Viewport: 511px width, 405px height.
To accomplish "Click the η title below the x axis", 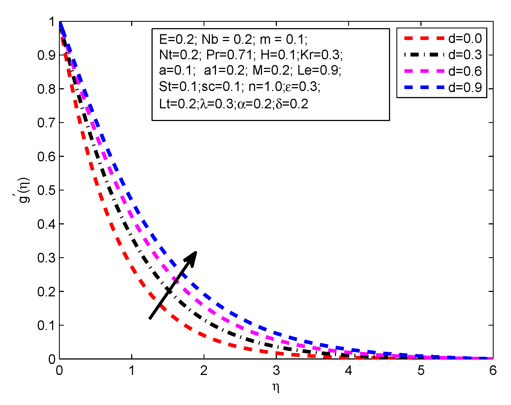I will (x=276, y=387).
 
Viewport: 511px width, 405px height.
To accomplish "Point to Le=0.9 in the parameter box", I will (x=319, y=71).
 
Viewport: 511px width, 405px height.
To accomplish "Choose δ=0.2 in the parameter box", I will (x=292, y=104).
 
